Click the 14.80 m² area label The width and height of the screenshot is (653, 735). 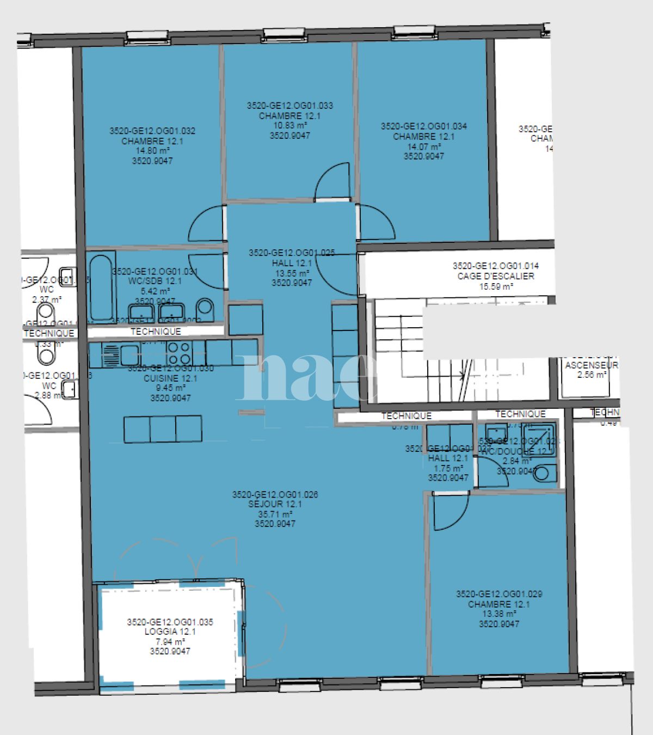point(152,151)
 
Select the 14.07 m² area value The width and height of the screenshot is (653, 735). point(423,146)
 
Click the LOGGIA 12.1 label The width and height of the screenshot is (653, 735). point(170,632)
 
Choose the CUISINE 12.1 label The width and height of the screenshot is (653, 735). point(170,378)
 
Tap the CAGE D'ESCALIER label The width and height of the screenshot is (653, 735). point(496,276)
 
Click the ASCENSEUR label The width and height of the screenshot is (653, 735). point(591,365)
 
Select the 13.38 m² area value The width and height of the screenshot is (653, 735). point(499,614)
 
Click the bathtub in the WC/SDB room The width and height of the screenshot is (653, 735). point(102,287)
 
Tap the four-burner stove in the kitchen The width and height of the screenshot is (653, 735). point(178,353)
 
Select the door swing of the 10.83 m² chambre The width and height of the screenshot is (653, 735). point(332,182)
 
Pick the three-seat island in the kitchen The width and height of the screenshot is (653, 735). point(163,428)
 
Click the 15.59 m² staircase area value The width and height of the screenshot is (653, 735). point(496,286)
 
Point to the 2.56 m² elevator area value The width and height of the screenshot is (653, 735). point(591,375)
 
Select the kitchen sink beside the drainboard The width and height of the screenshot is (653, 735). point(130,355)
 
